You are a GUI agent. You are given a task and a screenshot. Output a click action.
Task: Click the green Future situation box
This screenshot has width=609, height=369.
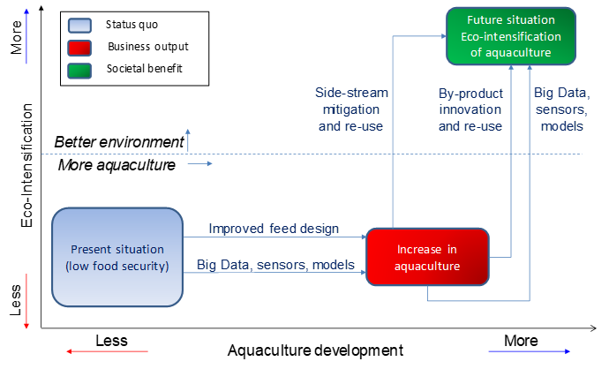click(511, 36)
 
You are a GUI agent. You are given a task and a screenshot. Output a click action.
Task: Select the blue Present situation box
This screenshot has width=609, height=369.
click(117, 256)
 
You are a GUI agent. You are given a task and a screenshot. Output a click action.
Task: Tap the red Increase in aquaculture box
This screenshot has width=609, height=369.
click(427, 257)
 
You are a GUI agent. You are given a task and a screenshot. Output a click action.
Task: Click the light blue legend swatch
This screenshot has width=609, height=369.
click(79, 26)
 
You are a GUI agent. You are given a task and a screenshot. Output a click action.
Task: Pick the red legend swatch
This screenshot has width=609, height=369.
click(79, 48)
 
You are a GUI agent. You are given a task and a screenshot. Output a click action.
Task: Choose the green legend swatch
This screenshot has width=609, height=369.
click(79, 70)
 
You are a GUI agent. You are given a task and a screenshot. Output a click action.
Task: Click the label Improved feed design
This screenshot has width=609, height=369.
click(274, 229)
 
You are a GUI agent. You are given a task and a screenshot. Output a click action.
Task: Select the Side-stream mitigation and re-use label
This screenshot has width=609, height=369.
click(352, 109)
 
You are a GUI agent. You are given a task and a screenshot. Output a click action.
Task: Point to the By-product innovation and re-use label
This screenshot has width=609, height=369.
click(470, 109)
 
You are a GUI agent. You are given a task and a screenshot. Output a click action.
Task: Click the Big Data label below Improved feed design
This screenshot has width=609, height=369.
click(275, 265)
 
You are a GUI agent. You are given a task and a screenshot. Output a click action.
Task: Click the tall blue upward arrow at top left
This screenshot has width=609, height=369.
click(26, 35)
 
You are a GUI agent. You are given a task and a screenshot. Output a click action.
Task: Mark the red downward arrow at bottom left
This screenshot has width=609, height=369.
click(26, 301)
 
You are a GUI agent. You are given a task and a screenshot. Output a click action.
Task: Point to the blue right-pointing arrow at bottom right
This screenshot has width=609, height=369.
click(529, 351)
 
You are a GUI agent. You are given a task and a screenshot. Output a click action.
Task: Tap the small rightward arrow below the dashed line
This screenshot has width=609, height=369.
click(199, 163)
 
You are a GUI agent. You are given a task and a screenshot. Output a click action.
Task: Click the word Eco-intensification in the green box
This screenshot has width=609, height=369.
click(511, 36)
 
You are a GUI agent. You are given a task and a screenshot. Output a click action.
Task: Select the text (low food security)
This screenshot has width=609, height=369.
click(117, 265)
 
